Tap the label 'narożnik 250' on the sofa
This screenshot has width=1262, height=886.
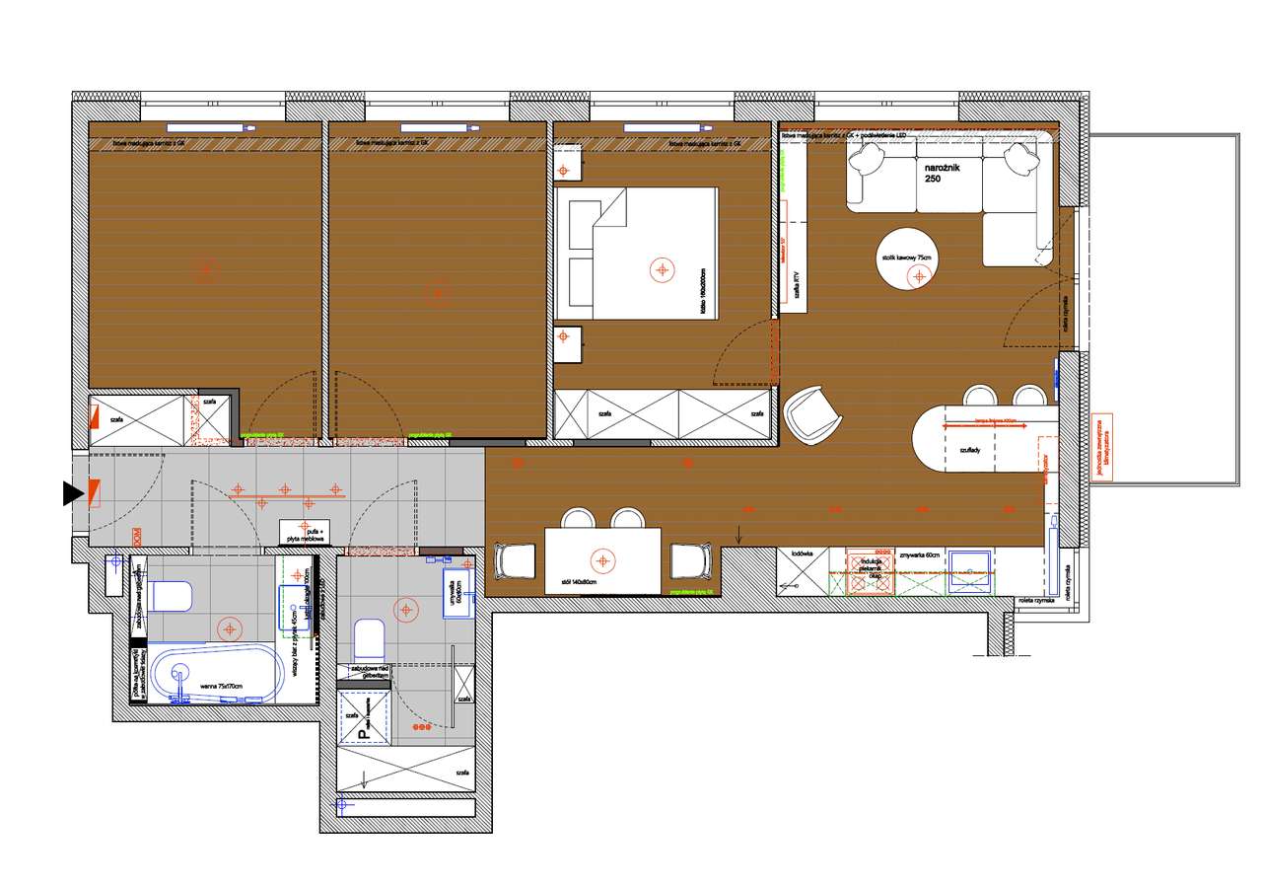(x=940, y=174)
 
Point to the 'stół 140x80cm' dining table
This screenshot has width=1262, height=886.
(x=601, y=560)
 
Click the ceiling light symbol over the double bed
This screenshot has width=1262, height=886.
(x=661, y=268)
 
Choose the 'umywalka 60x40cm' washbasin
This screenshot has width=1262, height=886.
(x=456, y=590)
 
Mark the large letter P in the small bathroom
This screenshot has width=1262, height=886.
(x=363, y=732)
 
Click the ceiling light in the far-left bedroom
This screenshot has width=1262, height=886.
(x=205, y=266)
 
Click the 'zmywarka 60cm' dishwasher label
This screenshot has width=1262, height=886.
(x=917, y=555)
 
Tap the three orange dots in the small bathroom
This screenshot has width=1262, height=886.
(x=421, y=727)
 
